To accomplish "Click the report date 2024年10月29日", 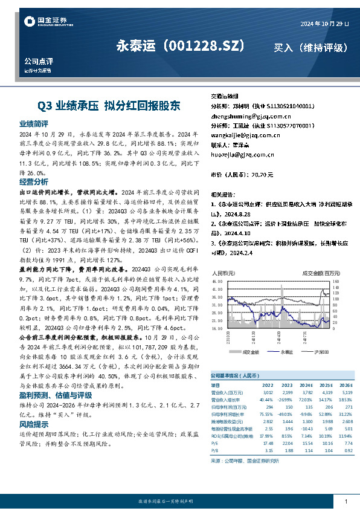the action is (324, 24).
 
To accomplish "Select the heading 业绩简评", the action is (34, 123).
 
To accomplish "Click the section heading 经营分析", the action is (34, 181).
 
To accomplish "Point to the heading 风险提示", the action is (34, 424).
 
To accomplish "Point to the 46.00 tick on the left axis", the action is (218, 282).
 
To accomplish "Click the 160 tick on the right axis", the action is (337, 282).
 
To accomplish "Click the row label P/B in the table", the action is (214, 450).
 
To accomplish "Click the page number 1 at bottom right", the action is (346, 502).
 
